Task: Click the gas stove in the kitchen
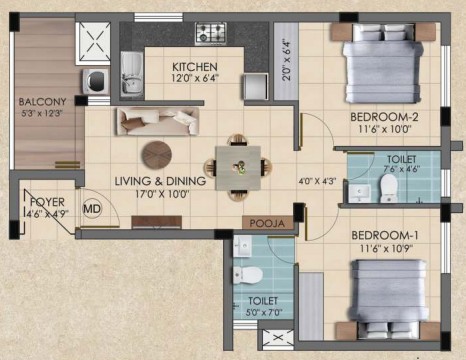[x=211, y=33]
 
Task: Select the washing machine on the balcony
[x=96, y=81]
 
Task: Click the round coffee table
[x=157, y=155]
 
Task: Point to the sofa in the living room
[x=158, y=121]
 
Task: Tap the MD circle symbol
[x=92, y=209]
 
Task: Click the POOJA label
[x=267, y=223]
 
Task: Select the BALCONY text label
[x=42, y=101]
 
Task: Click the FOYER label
[x=47, y=202]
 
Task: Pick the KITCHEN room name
[x=195, y=67]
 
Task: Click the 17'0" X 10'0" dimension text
[x=162, y=194]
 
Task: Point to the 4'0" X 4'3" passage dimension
[x=317, y=181]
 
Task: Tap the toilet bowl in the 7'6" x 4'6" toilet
[x=388, y=188]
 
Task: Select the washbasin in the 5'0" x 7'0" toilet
[x=242, y=247]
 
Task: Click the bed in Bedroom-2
[x=383, y=63]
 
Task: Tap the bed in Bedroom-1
[x=389, y=299]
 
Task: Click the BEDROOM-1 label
[x=385, y=236]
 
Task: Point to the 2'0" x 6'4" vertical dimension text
[x=286, y=61]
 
